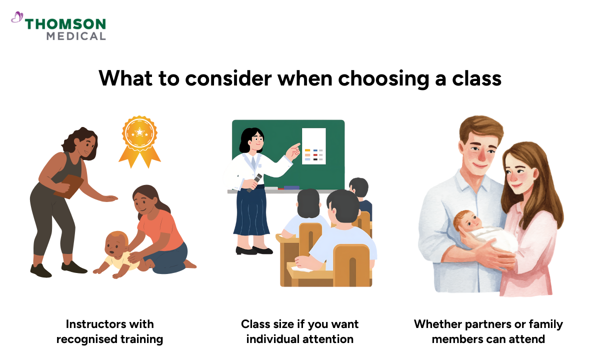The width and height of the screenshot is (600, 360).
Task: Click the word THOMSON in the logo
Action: [65, 24]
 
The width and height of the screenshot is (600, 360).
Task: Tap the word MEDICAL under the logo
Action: [76, 36]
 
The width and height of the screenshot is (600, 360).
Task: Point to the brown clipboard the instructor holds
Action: [70, 184]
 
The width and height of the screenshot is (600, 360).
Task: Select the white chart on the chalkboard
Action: [313, 145]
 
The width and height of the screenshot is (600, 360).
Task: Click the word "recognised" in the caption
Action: [85, 339]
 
